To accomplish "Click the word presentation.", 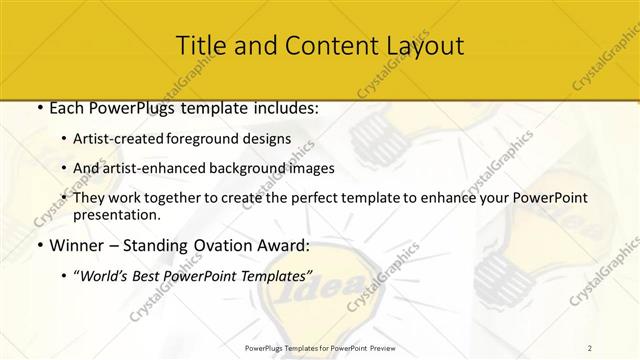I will (x=117, y=214).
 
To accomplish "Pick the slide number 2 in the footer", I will (x=591, y=347).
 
